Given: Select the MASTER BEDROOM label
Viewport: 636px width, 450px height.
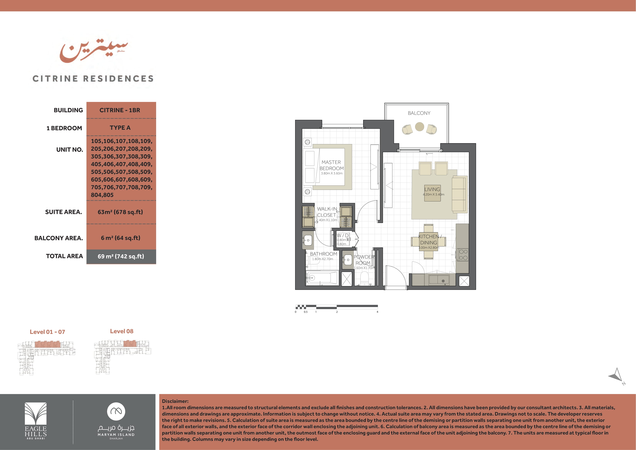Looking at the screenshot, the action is coord(332,165).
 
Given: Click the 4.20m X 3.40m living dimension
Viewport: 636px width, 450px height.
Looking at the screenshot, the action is coord(434,194).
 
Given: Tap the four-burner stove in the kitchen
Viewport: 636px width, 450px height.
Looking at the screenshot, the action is coord(463,255).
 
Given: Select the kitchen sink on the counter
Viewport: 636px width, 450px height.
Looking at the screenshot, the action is coord(439,280).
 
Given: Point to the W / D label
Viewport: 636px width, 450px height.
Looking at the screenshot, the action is coord(343,235).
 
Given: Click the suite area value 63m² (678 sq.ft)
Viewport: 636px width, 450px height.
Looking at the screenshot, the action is coord(120,212).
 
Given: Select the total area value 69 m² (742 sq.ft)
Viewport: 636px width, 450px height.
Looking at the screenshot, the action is coord(121,256).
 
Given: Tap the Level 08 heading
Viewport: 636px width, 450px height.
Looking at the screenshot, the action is coord(122,331).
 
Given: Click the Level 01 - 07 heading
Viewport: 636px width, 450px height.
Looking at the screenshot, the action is coord(47,332).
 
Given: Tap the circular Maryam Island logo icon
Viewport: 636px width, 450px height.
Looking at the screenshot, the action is coord(116,412).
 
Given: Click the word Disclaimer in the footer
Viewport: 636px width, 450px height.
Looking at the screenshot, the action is coord(175,401).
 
